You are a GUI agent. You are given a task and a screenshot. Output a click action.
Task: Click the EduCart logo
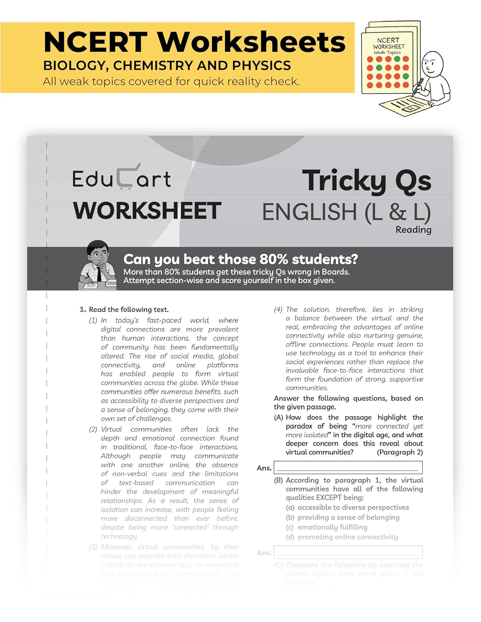[121, 178]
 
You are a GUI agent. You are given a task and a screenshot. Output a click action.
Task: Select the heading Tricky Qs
[366, 181]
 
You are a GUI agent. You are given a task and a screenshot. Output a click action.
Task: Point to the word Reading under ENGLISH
[413, 230]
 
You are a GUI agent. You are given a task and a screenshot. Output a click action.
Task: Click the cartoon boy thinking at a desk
[98, 265]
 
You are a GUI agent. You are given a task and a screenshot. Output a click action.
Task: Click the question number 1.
[83, 309]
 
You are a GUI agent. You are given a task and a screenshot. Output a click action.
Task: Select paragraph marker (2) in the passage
[93, 429]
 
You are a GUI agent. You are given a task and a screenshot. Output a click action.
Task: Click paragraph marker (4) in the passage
[278, 309]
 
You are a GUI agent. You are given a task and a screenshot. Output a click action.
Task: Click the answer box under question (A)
[348, 467]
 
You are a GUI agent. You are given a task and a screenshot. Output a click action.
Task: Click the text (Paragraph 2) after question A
[400, 452]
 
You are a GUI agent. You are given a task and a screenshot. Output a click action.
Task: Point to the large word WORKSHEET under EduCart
[147, 211]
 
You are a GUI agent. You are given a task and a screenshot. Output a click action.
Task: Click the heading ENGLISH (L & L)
[346, 212]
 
